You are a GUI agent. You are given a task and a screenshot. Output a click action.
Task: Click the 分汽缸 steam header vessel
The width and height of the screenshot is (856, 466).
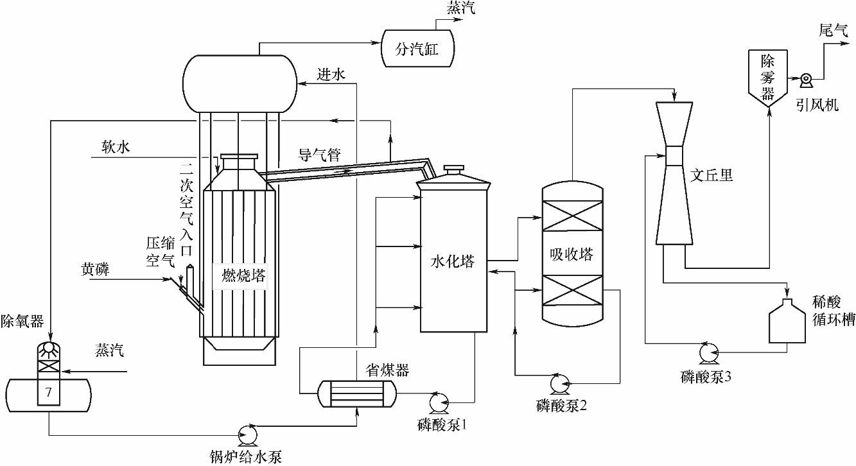[x=417, y=49]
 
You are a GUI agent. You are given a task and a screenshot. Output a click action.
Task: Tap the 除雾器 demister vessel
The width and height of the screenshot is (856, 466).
[x=769, y=77]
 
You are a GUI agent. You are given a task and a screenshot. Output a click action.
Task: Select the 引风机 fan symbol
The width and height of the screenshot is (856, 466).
[x=806, y=79]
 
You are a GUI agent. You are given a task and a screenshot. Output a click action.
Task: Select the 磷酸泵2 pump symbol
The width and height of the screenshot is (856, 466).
[x=557, y=383]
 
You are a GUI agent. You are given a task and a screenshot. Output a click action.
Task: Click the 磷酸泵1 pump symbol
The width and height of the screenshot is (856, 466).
[x=439, y=401]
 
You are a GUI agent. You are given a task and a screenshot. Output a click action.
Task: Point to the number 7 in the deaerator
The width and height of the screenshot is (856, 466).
[x=47, y=391]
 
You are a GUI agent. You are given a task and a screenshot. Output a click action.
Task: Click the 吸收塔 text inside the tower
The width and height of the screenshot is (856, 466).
[x=572, y=254]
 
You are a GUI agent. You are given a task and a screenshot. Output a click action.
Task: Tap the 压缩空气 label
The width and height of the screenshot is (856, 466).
[x=161, y=252]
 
